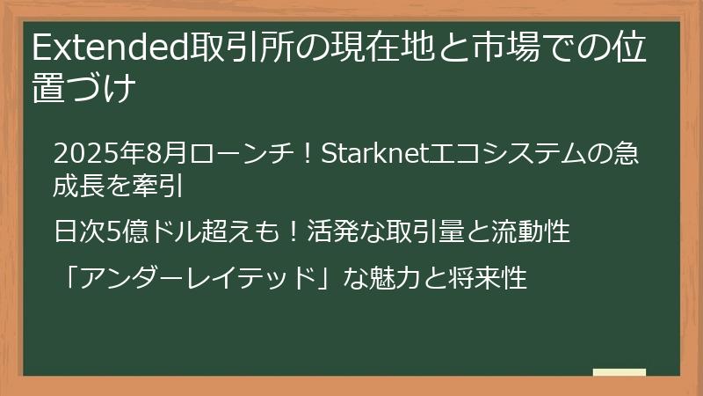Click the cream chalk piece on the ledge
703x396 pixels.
point(619,371)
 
